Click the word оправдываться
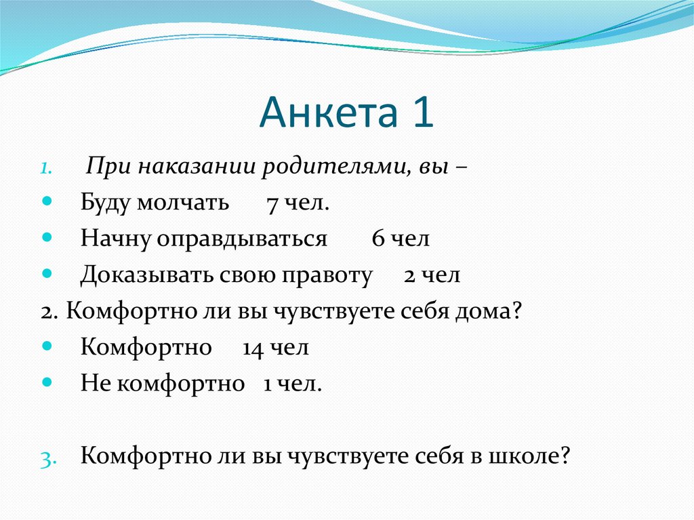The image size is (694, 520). [x=243, y=239]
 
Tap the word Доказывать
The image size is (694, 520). [x=146, y=275]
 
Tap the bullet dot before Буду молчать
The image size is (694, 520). [x=46, y=203]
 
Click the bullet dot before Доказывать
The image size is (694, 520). [x=46, y=275]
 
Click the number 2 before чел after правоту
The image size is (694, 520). [x=410, y=276]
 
